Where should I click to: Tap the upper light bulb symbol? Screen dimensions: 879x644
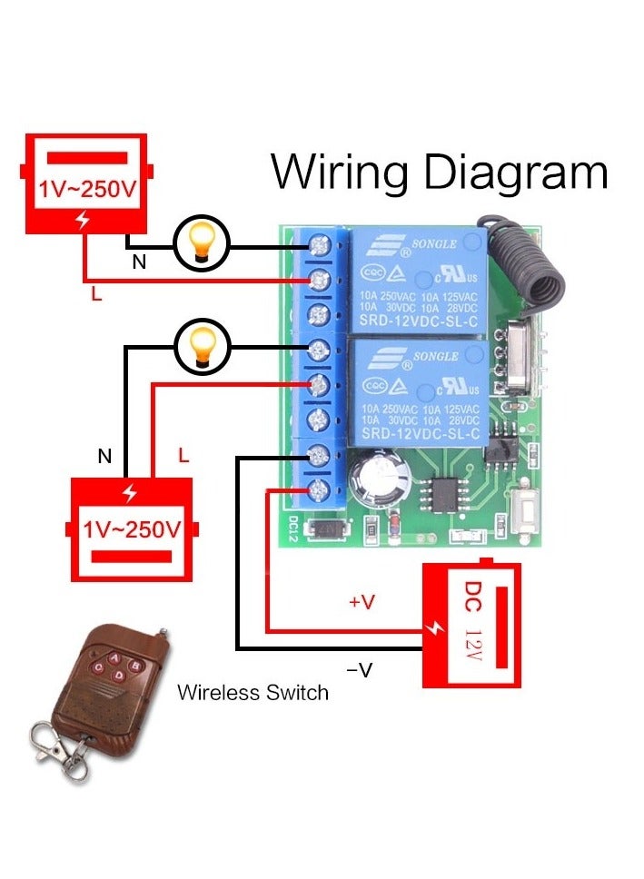[x=201, y=244]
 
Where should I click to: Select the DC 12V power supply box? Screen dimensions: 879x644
[x=473, y=625]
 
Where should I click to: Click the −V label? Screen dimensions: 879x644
[x=360, y=670]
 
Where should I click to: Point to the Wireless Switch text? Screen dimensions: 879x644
[x=253, y=693]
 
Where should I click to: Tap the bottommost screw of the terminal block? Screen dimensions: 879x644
[x=319, y=491]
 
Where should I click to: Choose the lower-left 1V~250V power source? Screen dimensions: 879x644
[x=132, y=526]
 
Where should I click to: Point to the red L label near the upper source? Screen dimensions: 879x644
[x=95, y=293]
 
